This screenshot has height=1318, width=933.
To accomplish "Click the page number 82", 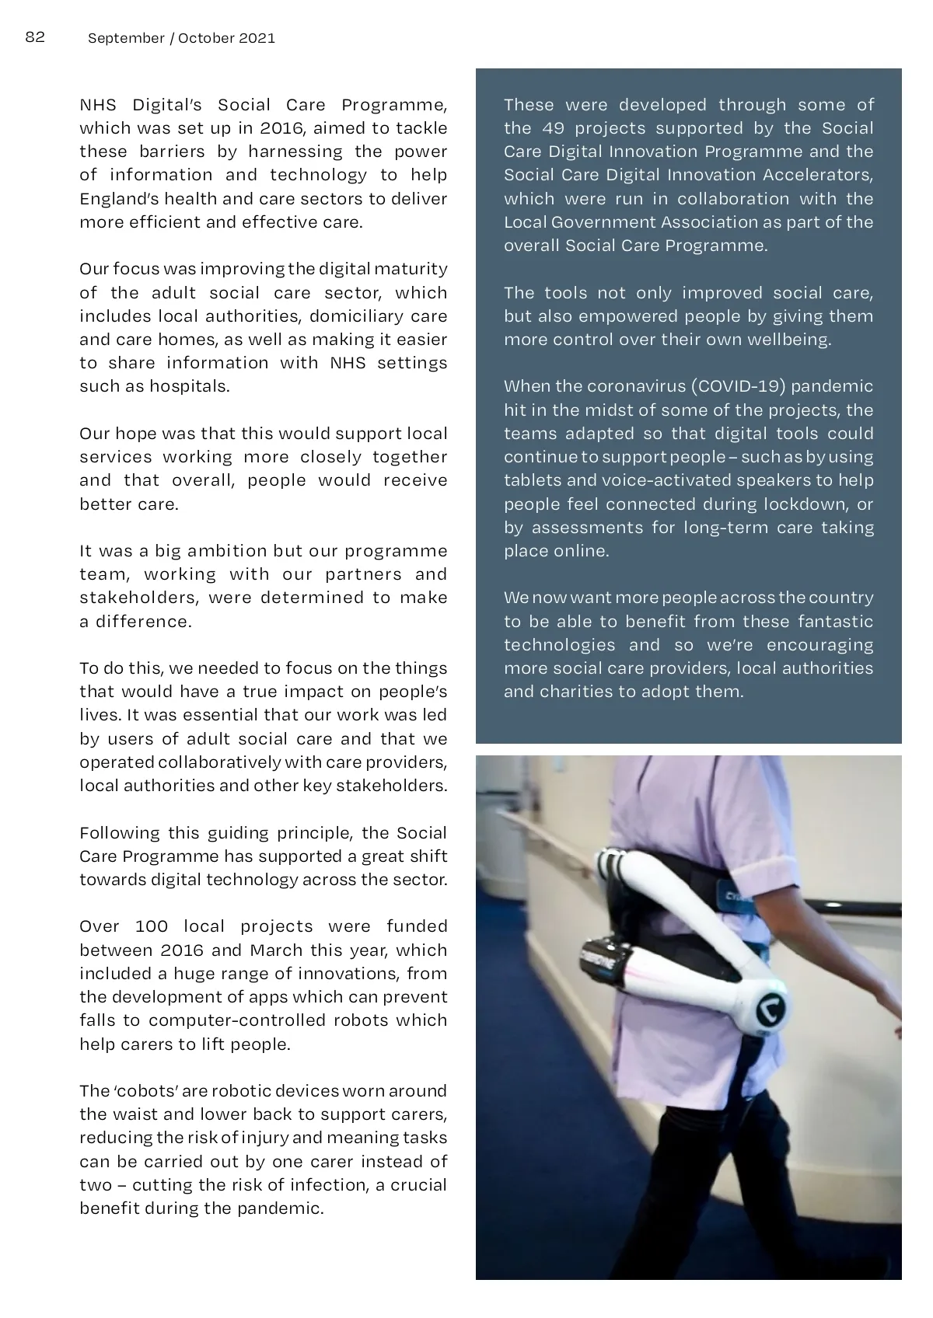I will coord(36,37).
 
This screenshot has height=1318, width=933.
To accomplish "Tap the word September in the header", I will coord(126,38).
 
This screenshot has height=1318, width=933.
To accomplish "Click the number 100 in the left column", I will coord(152,926).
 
